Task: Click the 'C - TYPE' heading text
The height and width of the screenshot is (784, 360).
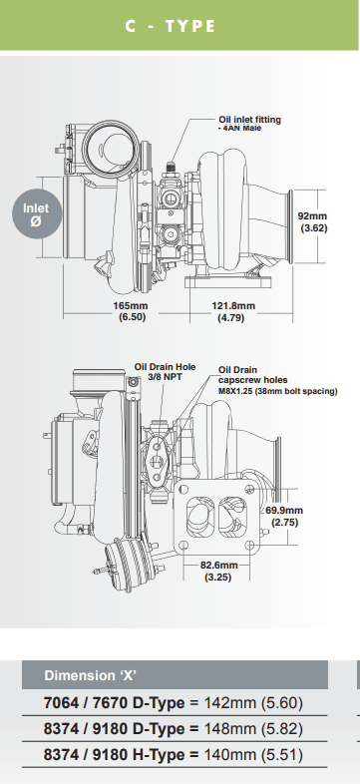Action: coord(170,26)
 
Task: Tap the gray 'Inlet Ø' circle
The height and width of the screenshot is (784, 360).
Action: coord(36,214)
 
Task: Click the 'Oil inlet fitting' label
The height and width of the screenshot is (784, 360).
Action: coord(249,120)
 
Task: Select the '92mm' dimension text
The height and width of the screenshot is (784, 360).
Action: coord(312,215)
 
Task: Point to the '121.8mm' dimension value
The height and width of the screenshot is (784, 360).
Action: coord(232,306)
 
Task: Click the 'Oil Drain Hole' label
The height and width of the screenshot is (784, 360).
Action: coord(163,367)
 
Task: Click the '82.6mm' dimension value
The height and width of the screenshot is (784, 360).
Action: coord(218,565)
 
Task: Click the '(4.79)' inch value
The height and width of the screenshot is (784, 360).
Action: coord(232,319)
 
